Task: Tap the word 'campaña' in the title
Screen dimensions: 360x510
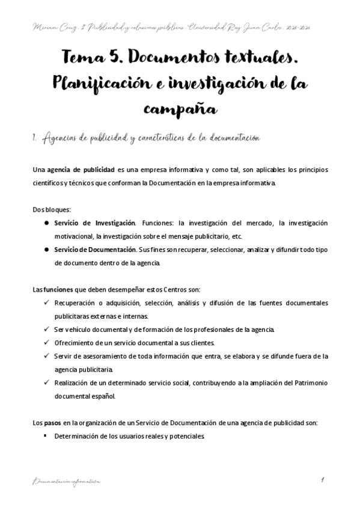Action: point(180,109)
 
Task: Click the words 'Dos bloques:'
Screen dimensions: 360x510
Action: point(51,210)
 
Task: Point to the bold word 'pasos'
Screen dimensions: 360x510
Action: point(52,423)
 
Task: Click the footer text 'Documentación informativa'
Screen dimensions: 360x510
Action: point(67,482)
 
